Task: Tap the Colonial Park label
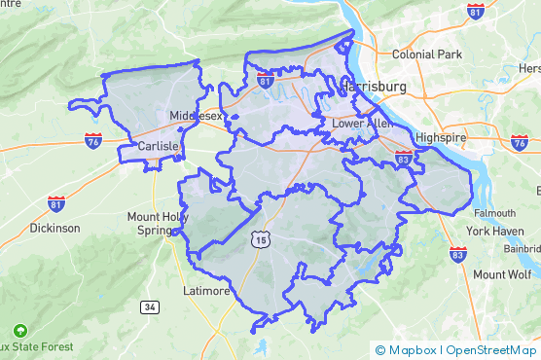[x=427, y=54]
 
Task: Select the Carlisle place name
[x=158, y=146]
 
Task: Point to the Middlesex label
[x=197, y=115]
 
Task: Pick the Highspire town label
[x=441, y=138]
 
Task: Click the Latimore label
[x=207, y=290]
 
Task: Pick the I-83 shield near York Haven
[x=458, y=254]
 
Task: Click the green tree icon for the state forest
[x=19, y=330]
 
